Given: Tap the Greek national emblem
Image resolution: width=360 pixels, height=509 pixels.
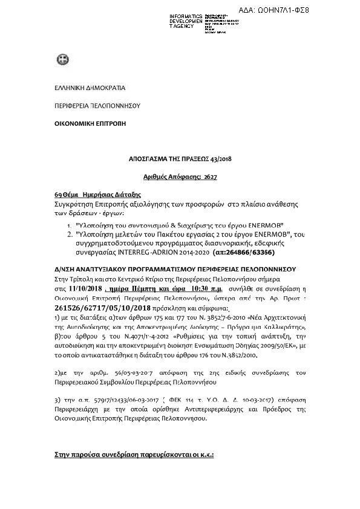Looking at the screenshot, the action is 61,59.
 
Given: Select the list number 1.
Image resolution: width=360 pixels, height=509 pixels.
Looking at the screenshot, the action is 70,224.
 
